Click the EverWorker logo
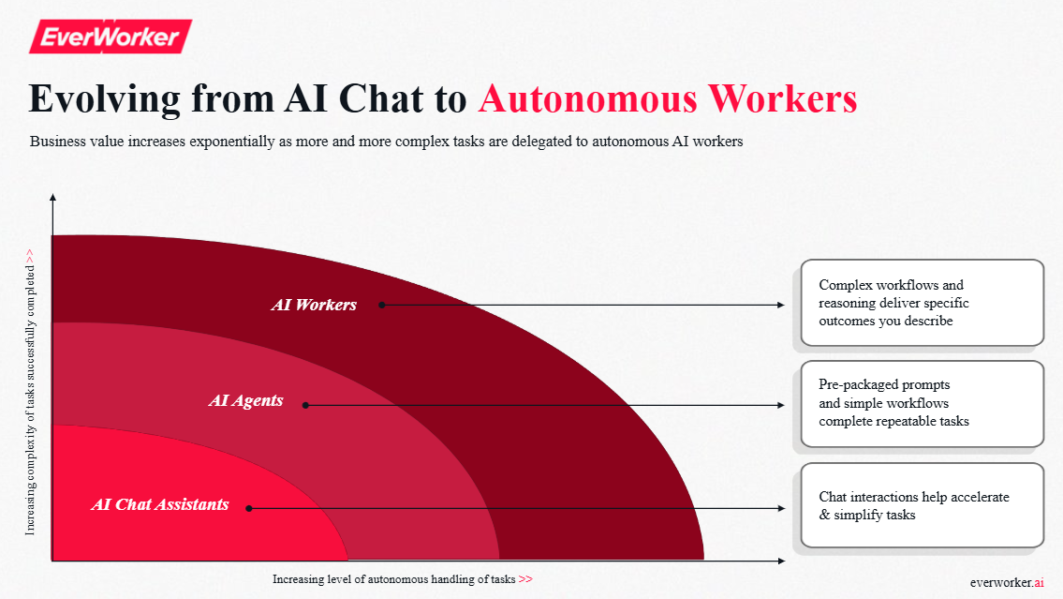tap(111, 36)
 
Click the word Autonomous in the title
tap(588, 98)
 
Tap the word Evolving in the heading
tap(104, 99)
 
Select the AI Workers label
tap(314, 305)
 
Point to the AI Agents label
tap(245, 400)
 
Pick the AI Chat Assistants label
tap(160, 504)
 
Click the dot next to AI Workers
tap(382, 306)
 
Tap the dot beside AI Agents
tap(305, 405)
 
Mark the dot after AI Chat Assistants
tap(249, 508)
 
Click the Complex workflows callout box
tap(922, 303)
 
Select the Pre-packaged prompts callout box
tap(922, 404)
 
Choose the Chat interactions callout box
tap(922, 505)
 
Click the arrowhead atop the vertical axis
tap(52, 198)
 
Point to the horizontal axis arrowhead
tap(782, 561)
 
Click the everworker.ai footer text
tap(1007, 582)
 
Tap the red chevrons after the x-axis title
tap(525, 579)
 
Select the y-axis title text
tap(30, 392)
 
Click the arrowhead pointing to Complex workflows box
tap(781, 306)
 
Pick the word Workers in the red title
tap(783, 98)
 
